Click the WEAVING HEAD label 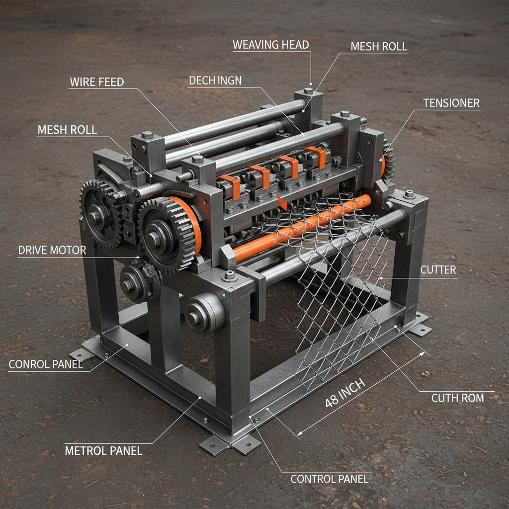pos(271,45)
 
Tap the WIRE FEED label pos(97,82)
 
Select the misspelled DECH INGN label pos(215,81)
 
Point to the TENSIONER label pos(451,103)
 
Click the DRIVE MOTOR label pos(52,251)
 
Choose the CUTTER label pos(438,270)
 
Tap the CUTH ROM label pos(457,398)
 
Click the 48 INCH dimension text pos(345,393)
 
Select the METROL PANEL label pos(103,450)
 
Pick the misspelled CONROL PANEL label pos(46,364)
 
